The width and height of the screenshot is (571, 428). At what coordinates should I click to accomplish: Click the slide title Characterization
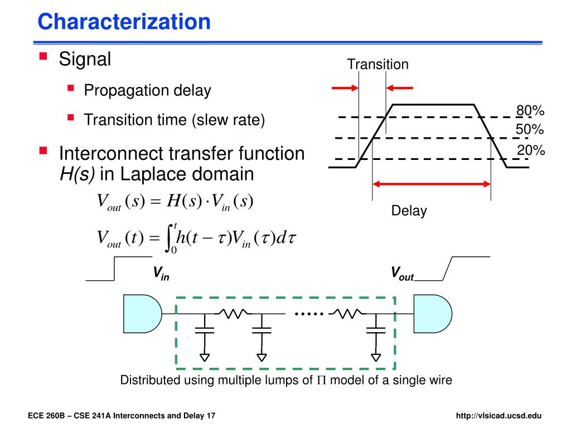pos(124,22)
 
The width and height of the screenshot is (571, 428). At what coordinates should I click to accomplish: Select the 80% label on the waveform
pos(530,111)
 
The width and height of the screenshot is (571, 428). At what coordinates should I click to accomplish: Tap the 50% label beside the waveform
pos(530,130)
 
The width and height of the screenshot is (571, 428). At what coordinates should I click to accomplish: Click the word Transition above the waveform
pos(378,64)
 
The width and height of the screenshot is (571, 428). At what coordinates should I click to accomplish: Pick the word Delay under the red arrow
pos(409,211)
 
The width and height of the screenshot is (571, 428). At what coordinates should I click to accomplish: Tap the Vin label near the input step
pos(161,273)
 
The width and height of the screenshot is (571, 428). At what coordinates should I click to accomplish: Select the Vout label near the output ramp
pos(401,273)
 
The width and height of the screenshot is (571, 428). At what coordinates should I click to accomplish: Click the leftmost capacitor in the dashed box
pos(205,329)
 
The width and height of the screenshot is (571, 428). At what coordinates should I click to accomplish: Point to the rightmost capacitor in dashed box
pos(376,329)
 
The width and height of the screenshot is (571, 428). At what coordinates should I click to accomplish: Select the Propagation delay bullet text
pos(147,91)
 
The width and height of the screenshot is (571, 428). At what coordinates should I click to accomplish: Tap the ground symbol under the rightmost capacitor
pos(376,355)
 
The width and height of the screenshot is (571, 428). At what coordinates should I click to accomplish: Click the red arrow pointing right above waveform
pos(344,87)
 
